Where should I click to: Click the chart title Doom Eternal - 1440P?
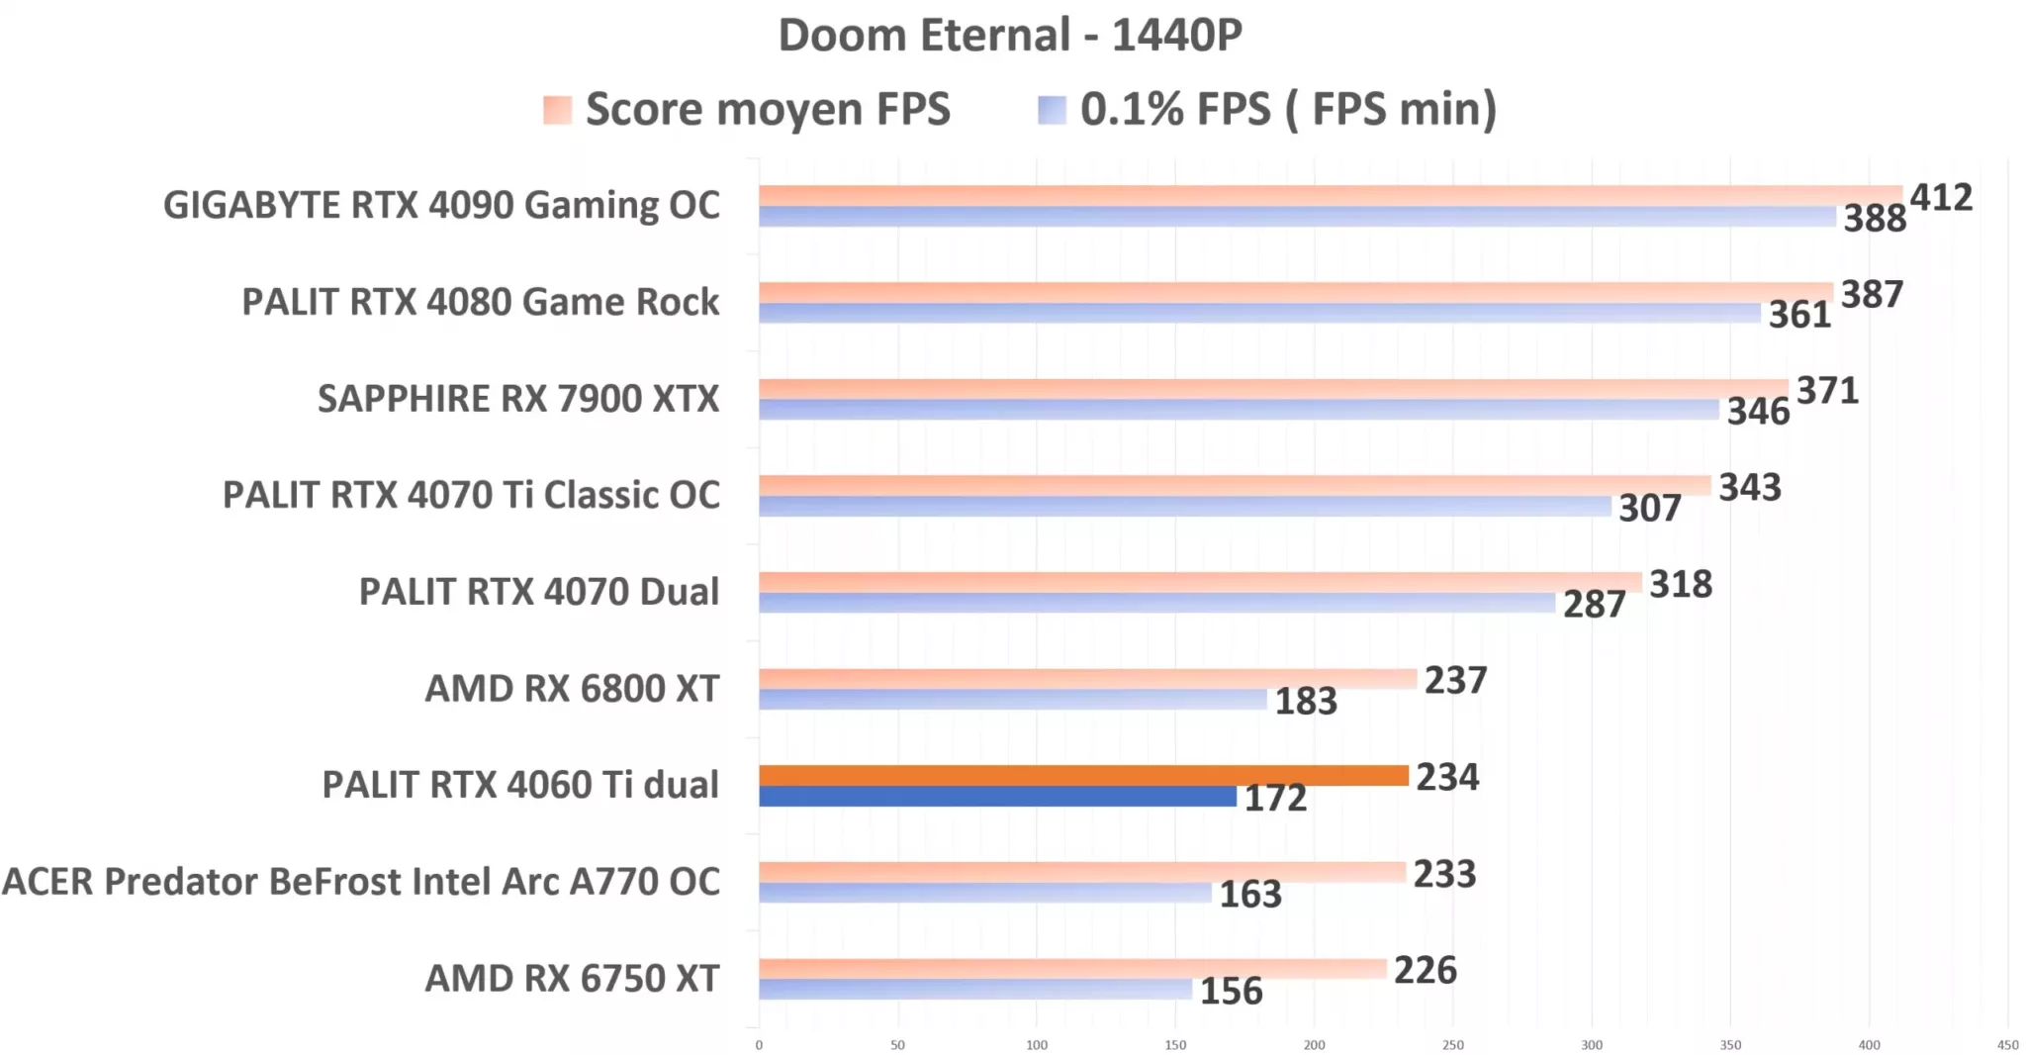(1009, 36)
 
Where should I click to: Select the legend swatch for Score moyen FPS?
(557, 110)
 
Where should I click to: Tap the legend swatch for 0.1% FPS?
(1052, 110)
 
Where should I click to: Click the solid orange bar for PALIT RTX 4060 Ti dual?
(1083, 776)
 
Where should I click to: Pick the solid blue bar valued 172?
(997, 797)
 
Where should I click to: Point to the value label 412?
(1940, 198)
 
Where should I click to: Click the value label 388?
(1874, 219)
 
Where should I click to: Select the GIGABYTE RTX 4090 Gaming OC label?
(441, 206)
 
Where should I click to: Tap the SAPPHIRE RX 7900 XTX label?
(517, 399)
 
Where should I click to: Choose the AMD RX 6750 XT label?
(572, 979)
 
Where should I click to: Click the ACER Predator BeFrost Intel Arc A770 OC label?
(361, 882)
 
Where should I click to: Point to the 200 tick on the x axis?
(1314, 1045)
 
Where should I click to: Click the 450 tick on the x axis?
(2007, 1045)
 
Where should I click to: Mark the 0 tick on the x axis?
(759, 1045)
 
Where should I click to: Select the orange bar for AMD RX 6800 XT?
(1088, 679)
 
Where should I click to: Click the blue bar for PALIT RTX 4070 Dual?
(1157, 603)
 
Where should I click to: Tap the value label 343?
(1749, 488)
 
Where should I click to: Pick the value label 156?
(1231, 992)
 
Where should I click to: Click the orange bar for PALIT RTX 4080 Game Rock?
(1296, 292)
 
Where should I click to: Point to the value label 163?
(1249, 895)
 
